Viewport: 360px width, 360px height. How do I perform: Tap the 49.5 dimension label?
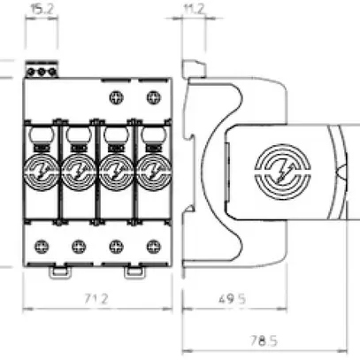[225, 299]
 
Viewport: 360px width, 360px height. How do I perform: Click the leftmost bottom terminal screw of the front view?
[42, 246]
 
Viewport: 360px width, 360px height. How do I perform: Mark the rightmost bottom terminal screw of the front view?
[147, 246]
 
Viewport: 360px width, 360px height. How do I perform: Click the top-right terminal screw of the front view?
[147, 98]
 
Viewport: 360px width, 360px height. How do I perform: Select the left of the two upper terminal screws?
[112, 98]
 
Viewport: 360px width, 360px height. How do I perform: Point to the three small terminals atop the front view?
[42, 70]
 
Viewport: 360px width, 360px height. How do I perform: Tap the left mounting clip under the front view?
[58, 270]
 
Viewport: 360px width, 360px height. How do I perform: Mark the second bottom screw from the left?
[76, 246]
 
